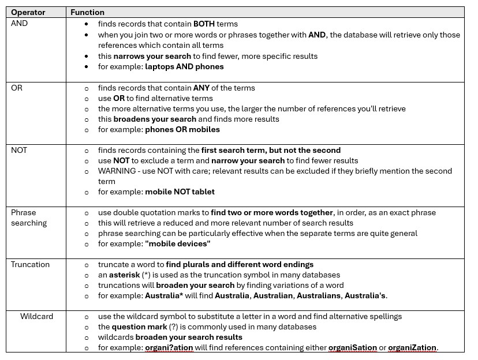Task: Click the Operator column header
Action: pos(28,12)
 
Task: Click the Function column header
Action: pos(87,12)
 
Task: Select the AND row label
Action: pos(19,24)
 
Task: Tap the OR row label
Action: pos(17,88)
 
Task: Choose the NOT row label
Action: pos(19,151)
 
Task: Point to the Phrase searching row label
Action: pos(29,217)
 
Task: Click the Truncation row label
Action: pos(30,265)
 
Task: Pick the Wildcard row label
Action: pos(36,317)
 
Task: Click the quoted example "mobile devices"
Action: pos(178,244)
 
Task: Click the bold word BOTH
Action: pos(203,24)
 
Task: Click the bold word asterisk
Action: pos(125,275)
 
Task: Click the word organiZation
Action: pos(412,348)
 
